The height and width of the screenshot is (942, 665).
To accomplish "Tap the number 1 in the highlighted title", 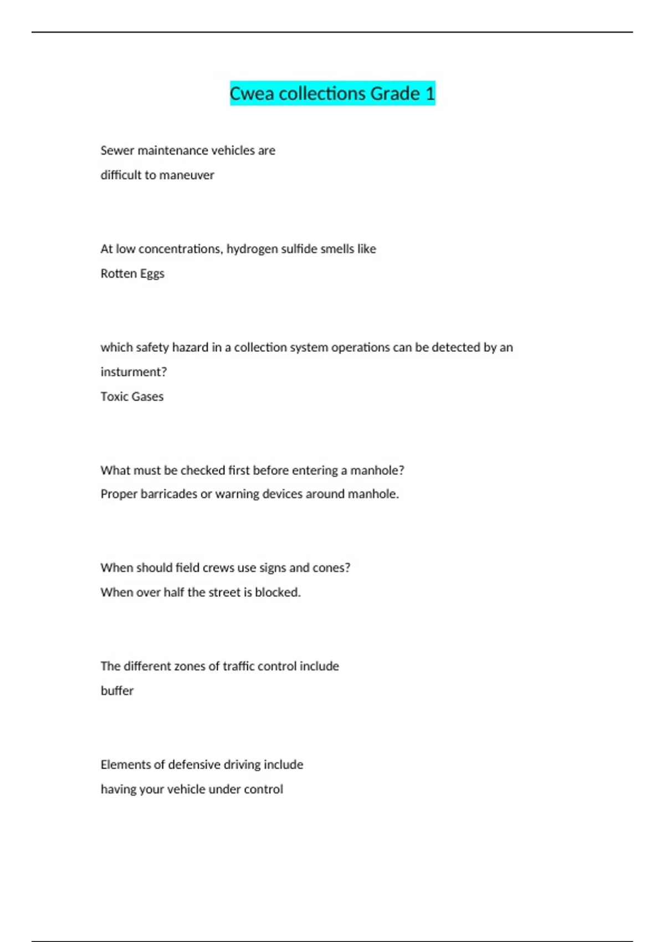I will click(x=430, y=94).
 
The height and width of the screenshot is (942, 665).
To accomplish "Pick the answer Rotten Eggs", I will click(x=132, y=274).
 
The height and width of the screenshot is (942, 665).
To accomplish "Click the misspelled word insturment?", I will click(x=134, y=372).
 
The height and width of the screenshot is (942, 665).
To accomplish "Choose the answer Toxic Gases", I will click(x=132, y=397).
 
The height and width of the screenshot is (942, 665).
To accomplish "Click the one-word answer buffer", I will click(x=117, y=691).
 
